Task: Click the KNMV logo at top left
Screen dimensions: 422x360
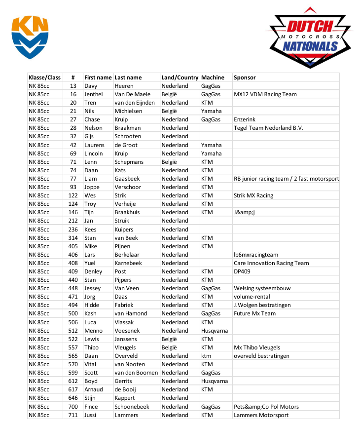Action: (31, 37)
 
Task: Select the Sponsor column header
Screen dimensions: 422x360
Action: (245, 77)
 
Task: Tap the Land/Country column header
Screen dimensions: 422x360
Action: (180, 77)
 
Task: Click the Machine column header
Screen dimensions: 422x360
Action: (213, 77)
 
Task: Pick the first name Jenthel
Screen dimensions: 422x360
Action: (94, 94)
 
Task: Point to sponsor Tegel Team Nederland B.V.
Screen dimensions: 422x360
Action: (268, 128)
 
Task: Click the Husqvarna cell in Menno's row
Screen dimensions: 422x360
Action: (214, 331)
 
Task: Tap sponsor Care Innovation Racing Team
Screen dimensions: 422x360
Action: (271, 263)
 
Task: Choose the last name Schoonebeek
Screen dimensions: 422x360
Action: (132, 407)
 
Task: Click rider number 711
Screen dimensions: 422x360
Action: (73, 415)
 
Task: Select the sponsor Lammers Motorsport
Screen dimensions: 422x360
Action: (261, 415)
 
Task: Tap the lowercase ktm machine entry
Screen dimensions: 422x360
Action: (206, 356)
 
